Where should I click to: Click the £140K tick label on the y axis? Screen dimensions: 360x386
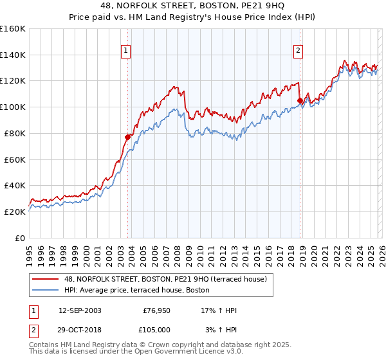coord(13,55)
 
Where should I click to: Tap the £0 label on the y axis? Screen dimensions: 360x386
coord(21,238)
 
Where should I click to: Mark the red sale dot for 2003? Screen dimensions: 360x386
coord(127,137)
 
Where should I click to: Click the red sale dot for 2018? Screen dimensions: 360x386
coord(300,100)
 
